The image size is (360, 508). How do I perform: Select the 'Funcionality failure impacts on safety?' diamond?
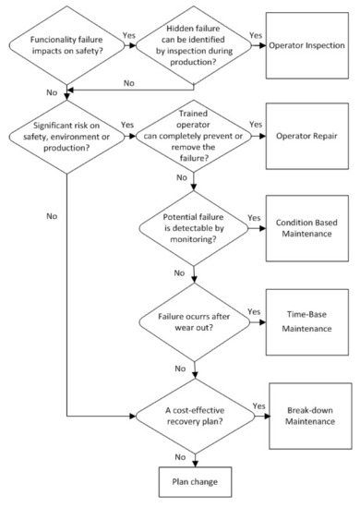[67, 44]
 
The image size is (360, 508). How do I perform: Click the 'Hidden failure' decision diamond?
[193, 44]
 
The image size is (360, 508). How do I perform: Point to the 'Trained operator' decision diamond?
[193, 138]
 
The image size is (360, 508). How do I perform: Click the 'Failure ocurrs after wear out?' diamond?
[193, 324]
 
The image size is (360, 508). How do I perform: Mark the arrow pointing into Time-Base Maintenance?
[259, 324]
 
